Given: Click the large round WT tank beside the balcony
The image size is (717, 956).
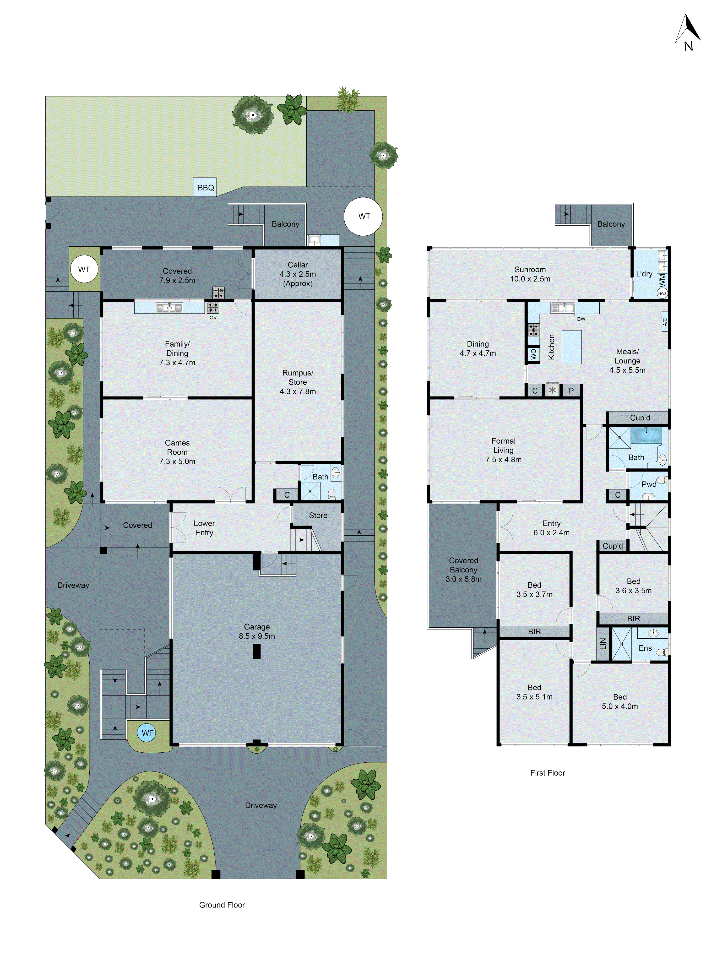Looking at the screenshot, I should click(363, 216).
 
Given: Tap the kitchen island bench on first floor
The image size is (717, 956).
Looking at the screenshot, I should click(571, 347).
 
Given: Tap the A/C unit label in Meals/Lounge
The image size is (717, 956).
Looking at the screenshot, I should click(665, 321).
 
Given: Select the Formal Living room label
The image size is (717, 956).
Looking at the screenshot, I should click(503, 450).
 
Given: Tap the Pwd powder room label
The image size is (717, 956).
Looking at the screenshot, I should click(648, 484).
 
